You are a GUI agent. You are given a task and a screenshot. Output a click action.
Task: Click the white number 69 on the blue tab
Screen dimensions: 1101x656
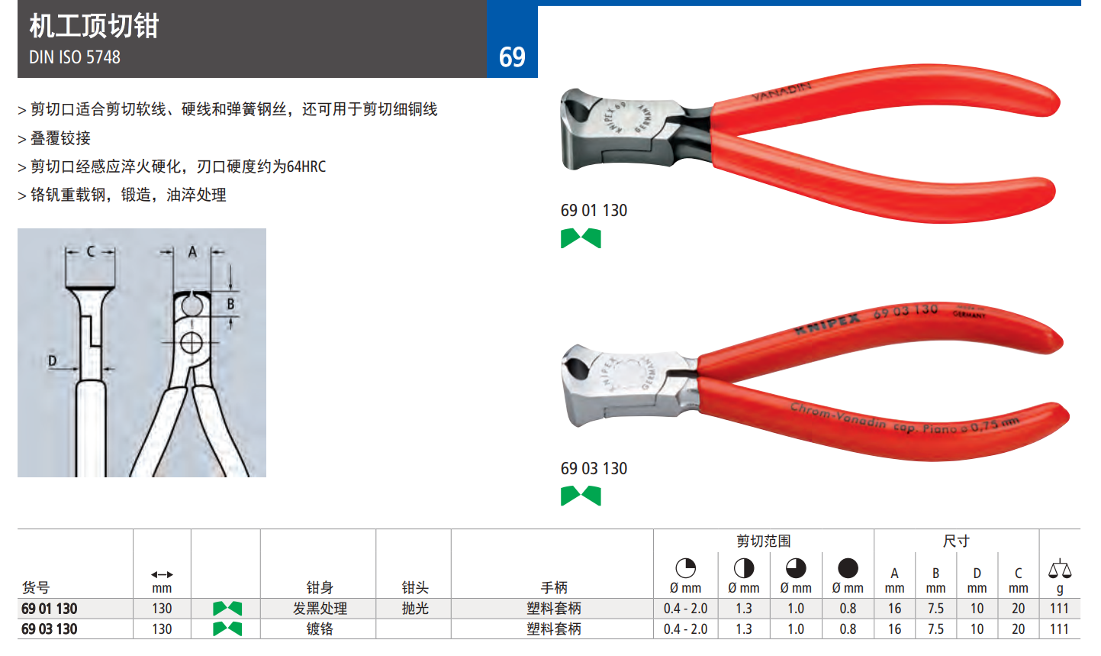[512, 57]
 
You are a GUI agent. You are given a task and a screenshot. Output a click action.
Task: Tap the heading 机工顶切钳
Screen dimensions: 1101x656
[94, 26]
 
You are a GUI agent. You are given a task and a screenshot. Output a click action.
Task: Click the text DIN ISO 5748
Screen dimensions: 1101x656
[75, 57]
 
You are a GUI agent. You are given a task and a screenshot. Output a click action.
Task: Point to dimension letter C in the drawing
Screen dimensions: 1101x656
[91, 251]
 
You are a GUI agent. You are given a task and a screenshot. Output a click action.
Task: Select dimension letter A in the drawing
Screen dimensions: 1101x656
[192, 252]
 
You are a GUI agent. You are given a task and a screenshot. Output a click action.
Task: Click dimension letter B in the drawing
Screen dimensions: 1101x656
[230, 304]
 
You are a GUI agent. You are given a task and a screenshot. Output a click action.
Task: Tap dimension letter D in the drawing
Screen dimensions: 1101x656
[52, 360]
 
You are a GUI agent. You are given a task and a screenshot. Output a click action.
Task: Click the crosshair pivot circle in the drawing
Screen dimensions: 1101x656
[192, 343]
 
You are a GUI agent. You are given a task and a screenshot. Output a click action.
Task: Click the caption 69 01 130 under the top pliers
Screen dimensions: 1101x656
[594, 211]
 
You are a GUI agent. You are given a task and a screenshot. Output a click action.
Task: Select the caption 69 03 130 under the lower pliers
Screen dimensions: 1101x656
[594, 468]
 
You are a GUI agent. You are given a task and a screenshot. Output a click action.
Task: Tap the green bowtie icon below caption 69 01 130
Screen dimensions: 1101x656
[581, 238]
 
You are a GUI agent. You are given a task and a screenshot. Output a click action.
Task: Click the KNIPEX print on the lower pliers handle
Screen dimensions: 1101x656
[827, 324]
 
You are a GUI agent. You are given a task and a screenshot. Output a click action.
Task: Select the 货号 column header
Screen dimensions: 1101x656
[36, 587]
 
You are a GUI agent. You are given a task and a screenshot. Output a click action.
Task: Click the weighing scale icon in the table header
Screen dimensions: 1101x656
[1059, 570]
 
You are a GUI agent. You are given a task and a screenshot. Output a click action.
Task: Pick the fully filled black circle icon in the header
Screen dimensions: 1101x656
[848, 568]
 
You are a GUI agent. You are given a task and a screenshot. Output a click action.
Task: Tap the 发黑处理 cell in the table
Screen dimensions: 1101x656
[320, 609]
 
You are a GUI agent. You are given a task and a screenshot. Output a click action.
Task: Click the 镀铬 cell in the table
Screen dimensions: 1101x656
[320, 629]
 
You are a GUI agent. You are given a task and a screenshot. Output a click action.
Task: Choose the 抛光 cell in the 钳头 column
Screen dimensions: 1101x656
[415, 609]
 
